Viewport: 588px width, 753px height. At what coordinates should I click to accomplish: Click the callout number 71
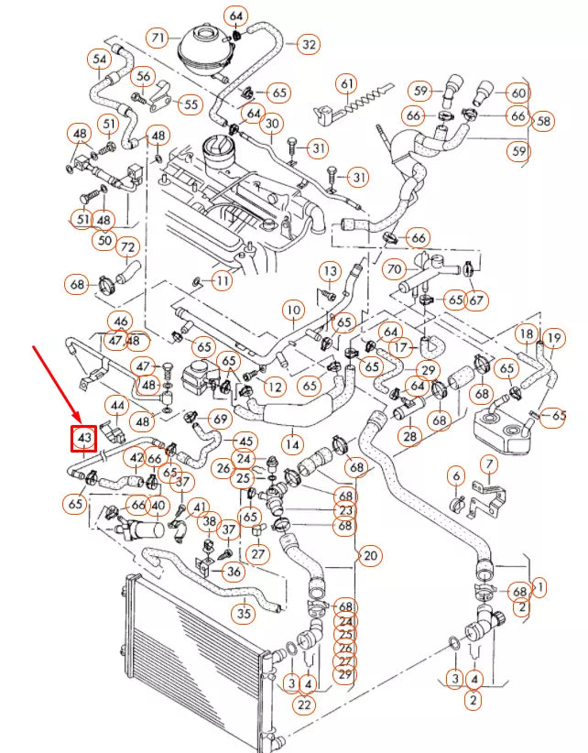(x=158, y=38)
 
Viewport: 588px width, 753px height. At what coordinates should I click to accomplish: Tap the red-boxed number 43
(x=84, y=439)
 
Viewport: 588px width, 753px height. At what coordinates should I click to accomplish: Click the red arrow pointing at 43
(x=54, y=384)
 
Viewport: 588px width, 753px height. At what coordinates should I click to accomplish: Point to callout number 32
(x=308, y=43)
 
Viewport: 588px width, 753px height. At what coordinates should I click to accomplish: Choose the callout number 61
(x=346, y=84)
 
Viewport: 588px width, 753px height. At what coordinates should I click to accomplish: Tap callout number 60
(x=518, y=93)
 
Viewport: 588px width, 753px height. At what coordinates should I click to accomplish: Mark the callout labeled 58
(x=544, y=120)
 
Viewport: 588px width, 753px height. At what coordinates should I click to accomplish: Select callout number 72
(x=127, y=247)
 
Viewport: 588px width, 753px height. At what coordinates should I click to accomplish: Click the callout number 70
(x=394, y=270)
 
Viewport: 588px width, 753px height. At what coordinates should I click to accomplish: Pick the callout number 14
(x=292, y=444)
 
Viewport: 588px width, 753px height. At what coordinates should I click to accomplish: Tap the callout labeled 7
(x=489, y=465)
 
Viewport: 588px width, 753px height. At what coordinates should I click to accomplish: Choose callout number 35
(x=243, y=613)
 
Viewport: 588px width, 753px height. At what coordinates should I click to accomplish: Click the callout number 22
(x=304, y=704)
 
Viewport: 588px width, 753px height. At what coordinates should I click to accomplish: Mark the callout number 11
(x=223, y=279)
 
